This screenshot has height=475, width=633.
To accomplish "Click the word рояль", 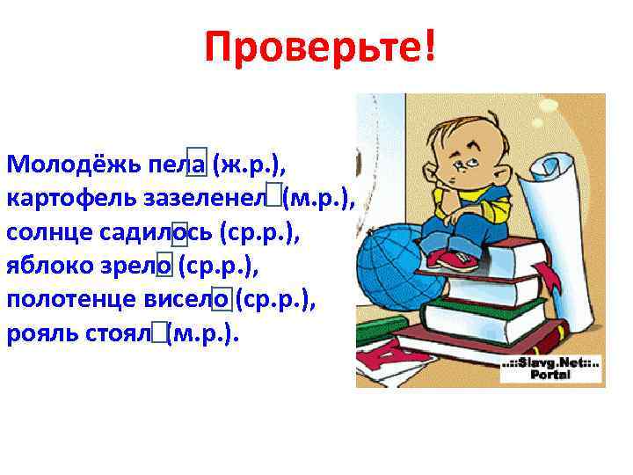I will point(35,334).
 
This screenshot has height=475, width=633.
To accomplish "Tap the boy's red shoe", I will point(454,260).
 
